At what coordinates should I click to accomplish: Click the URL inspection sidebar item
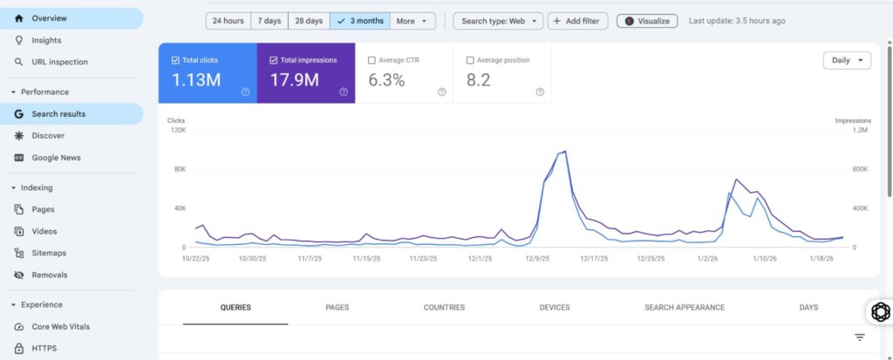click(59, 62)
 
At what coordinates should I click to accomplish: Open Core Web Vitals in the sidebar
click(60, 327)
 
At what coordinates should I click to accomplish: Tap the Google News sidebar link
click(56, 158)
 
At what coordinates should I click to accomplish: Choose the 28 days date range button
click(308, 21)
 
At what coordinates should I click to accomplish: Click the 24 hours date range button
click(228, 21)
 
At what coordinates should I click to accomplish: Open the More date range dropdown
click(412, 21)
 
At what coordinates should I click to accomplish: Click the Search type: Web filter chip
click(498, 21)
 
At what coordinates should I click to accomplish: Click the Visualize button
click(647, 21)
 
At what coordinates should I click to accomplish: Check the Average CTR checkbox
click(372, 60)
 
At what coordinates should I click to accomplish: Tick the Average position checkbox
click(471, 60)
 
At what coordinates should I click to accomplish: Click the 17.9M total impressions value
click(294, 81)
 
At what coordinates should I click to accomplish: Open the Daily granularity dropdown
click(847, 60)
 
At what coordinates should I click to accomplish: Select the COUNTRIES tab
click(444, 308)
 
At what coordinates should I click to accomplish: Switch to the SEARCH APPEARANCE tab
click(685, 308)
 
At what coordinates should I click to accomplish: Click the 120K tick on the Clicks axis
click(177, 130)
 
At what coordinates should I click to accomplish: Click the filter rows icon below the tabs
click(860, 337)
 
